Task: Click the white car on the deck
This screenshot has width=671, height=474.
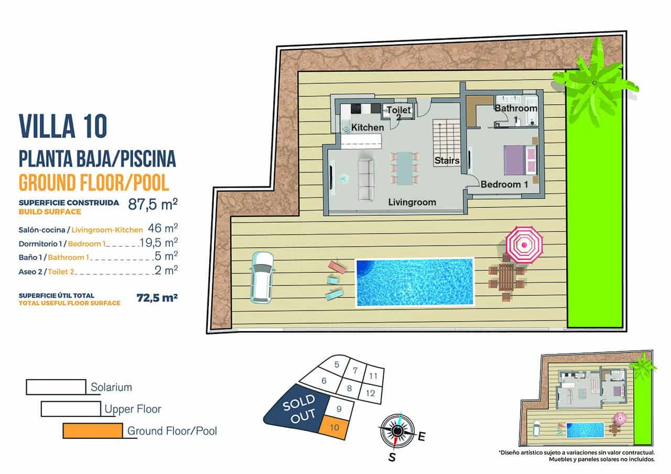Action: pyautogui.click(x=262, y=277)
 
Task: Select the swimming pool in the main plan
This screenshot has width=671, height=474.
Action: pyautogui.click(x=414, y=282)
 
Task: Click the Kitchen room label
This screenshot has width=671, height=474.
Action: pyautogui.click(x=367, y=127)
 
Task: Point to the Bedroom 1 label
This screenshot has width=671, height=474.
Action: pyautogui.click(x=504, y=184)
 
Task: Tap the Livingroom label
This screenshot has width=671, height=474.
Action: pyautogui.click(x=412, y=202)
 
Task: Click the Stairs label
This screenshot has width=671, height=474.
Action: pyautogui.click(x=447, y=161)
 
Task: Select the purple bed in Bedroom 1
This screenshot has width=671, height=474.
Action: pyautogui.click(x=517, y=160)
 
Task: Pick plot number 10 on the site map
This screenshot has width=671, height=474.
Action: pyautogui.click(x=335, y=427)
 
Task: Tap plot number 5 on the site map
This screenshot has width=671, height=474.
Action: pyautogui.click(x=337, y=365)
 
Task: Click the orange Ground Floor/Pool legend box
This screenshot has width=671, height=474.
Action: pyautogui.click(x=92, y=431)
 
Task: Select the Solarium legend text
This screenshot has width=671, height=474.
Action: pyautogui.click(x=111, y=388)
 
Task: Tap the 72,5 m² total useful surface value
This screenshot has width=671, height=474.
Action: pyautogui.click(x=157, y=298)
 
